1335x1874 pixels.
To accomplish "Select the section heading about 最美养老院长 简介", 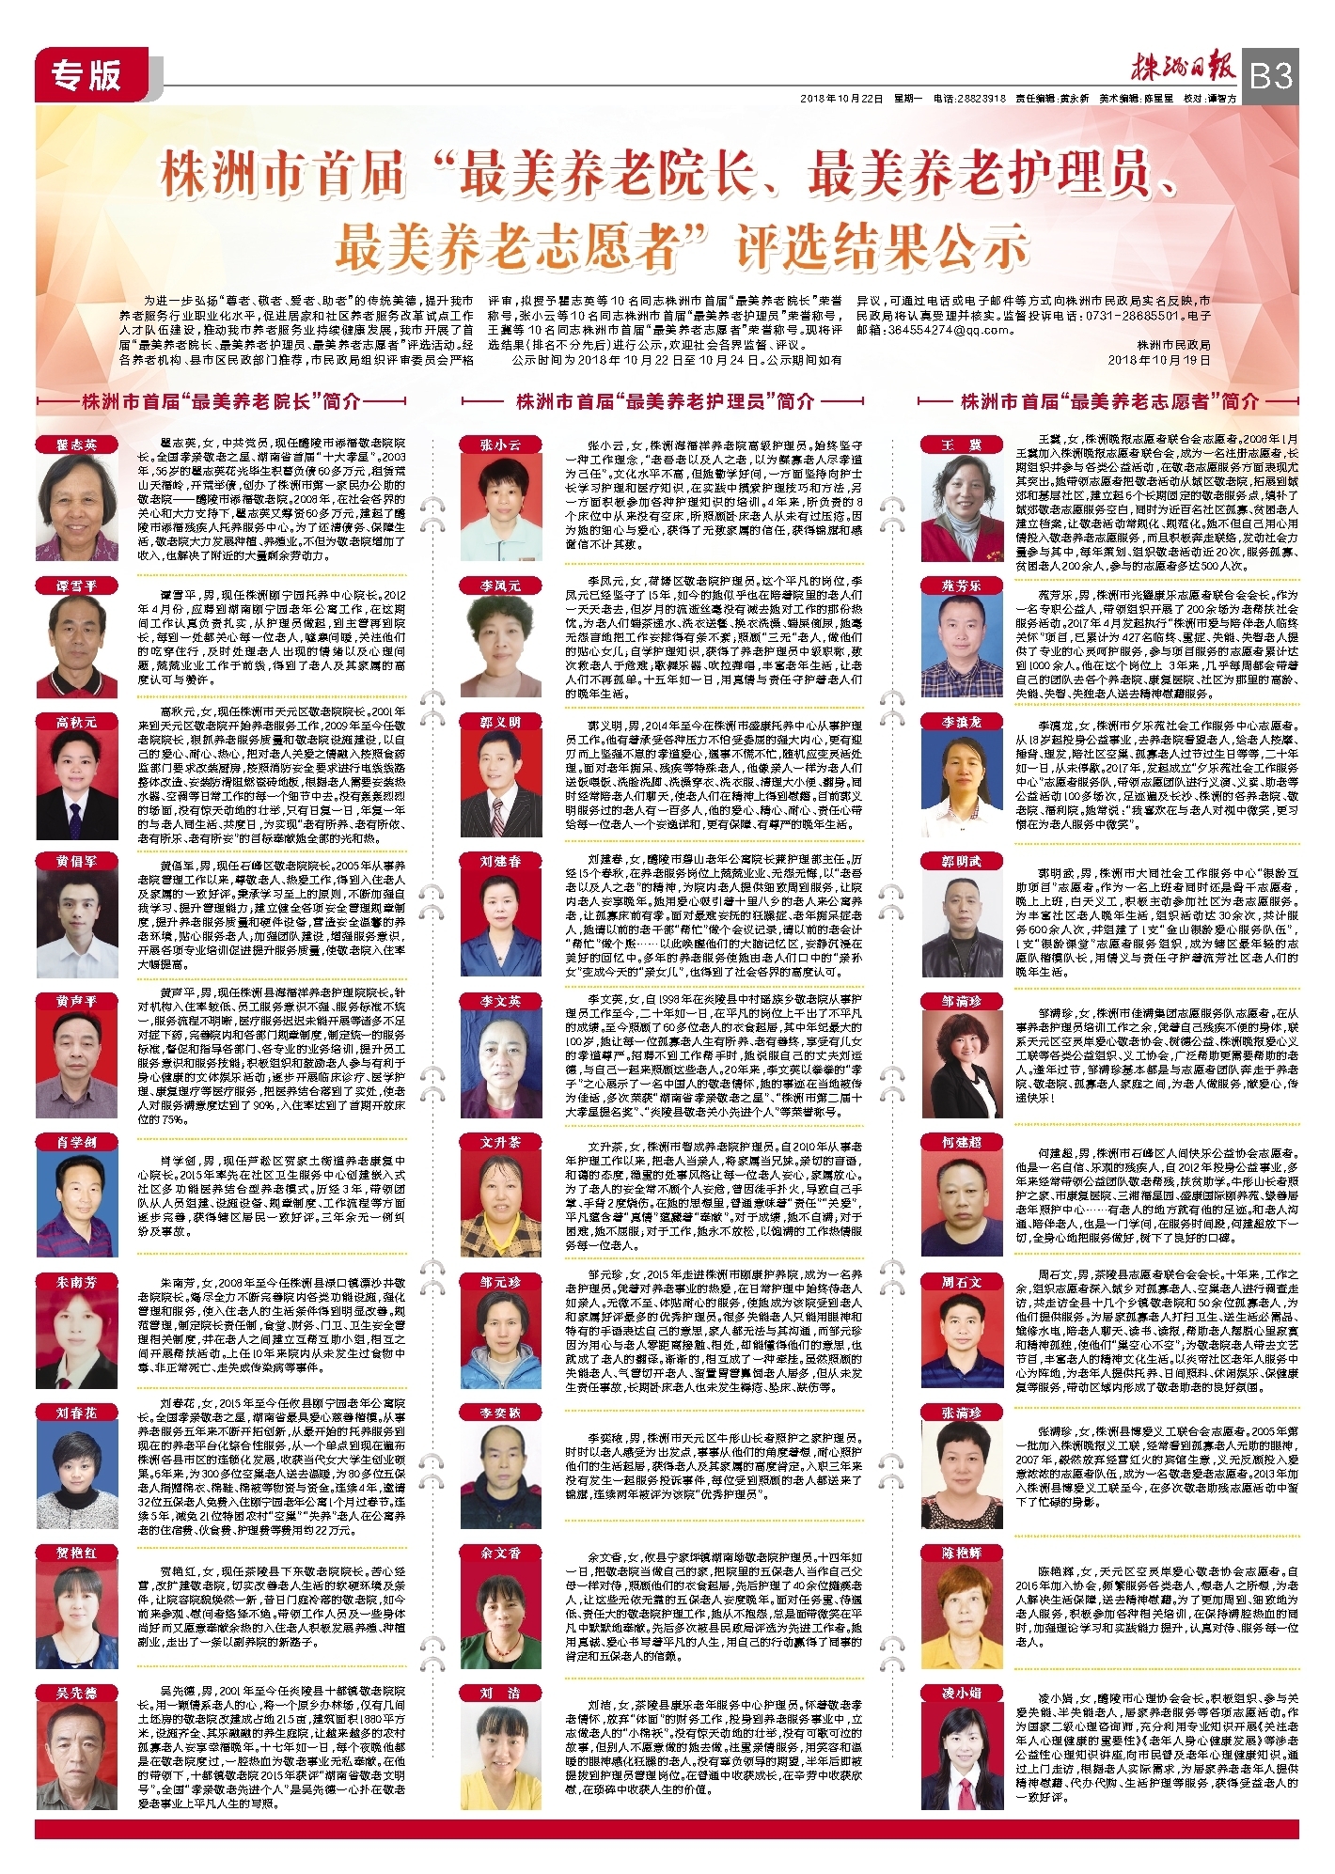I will (222, 401).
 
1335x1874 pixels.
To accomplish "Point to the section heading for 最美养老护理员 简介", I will (665, 401).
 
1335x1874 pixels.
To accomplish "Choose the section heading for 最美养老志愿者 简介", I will (1109, 401).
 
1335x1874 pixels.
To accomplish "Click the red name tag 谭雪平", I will (76, 586).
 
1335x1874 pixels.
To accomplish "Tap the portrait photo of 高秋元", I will (76, 784).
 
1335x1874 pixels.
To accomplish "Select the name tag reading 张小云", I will (500, 445).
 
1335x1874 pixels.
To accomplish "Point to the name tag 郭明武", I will (962, 861).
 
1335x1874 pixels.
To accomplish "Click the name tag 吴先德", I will (76, 1691).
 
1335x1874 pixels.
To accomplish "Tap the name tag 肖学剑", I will (76, 1142).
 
